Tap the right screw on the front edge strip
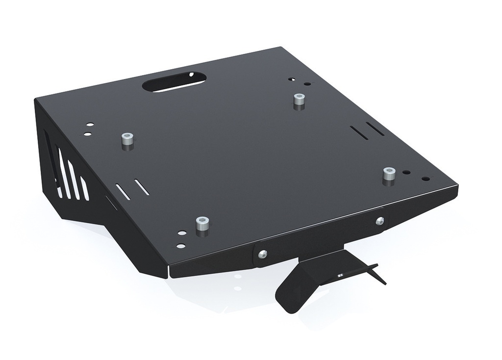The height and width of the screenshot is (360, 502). pos(380,221)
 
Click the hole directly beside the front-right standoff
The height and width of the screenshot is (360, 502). pos(407,173)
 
